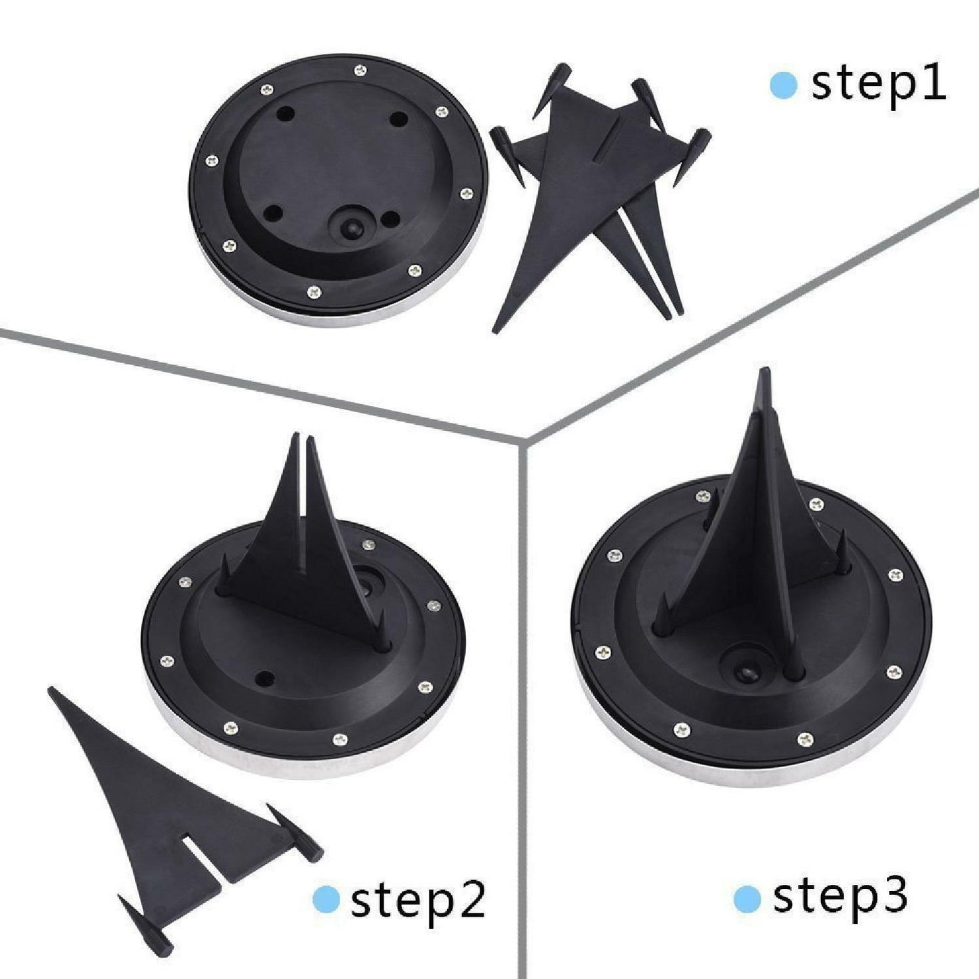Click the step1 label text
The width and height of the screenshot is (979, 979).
pos(879,85)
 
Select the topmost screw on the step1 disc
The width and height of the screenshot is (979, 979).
pos(360,70)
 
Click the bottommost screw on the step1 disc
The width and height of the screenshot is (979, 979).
pos(314,291)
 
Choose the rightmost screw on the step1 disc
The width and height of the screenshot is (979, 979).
pos(466,193)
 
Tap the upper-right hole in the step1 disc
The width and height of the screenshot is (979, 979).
pos(398,119)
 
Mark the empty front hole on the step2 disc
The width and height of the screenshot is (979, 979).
pos(265,678)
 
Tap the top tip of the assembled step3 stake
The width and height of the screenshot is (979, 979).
pos(763,369)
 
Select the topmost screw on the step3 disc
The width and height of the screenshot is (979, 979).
pos(703,495)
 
